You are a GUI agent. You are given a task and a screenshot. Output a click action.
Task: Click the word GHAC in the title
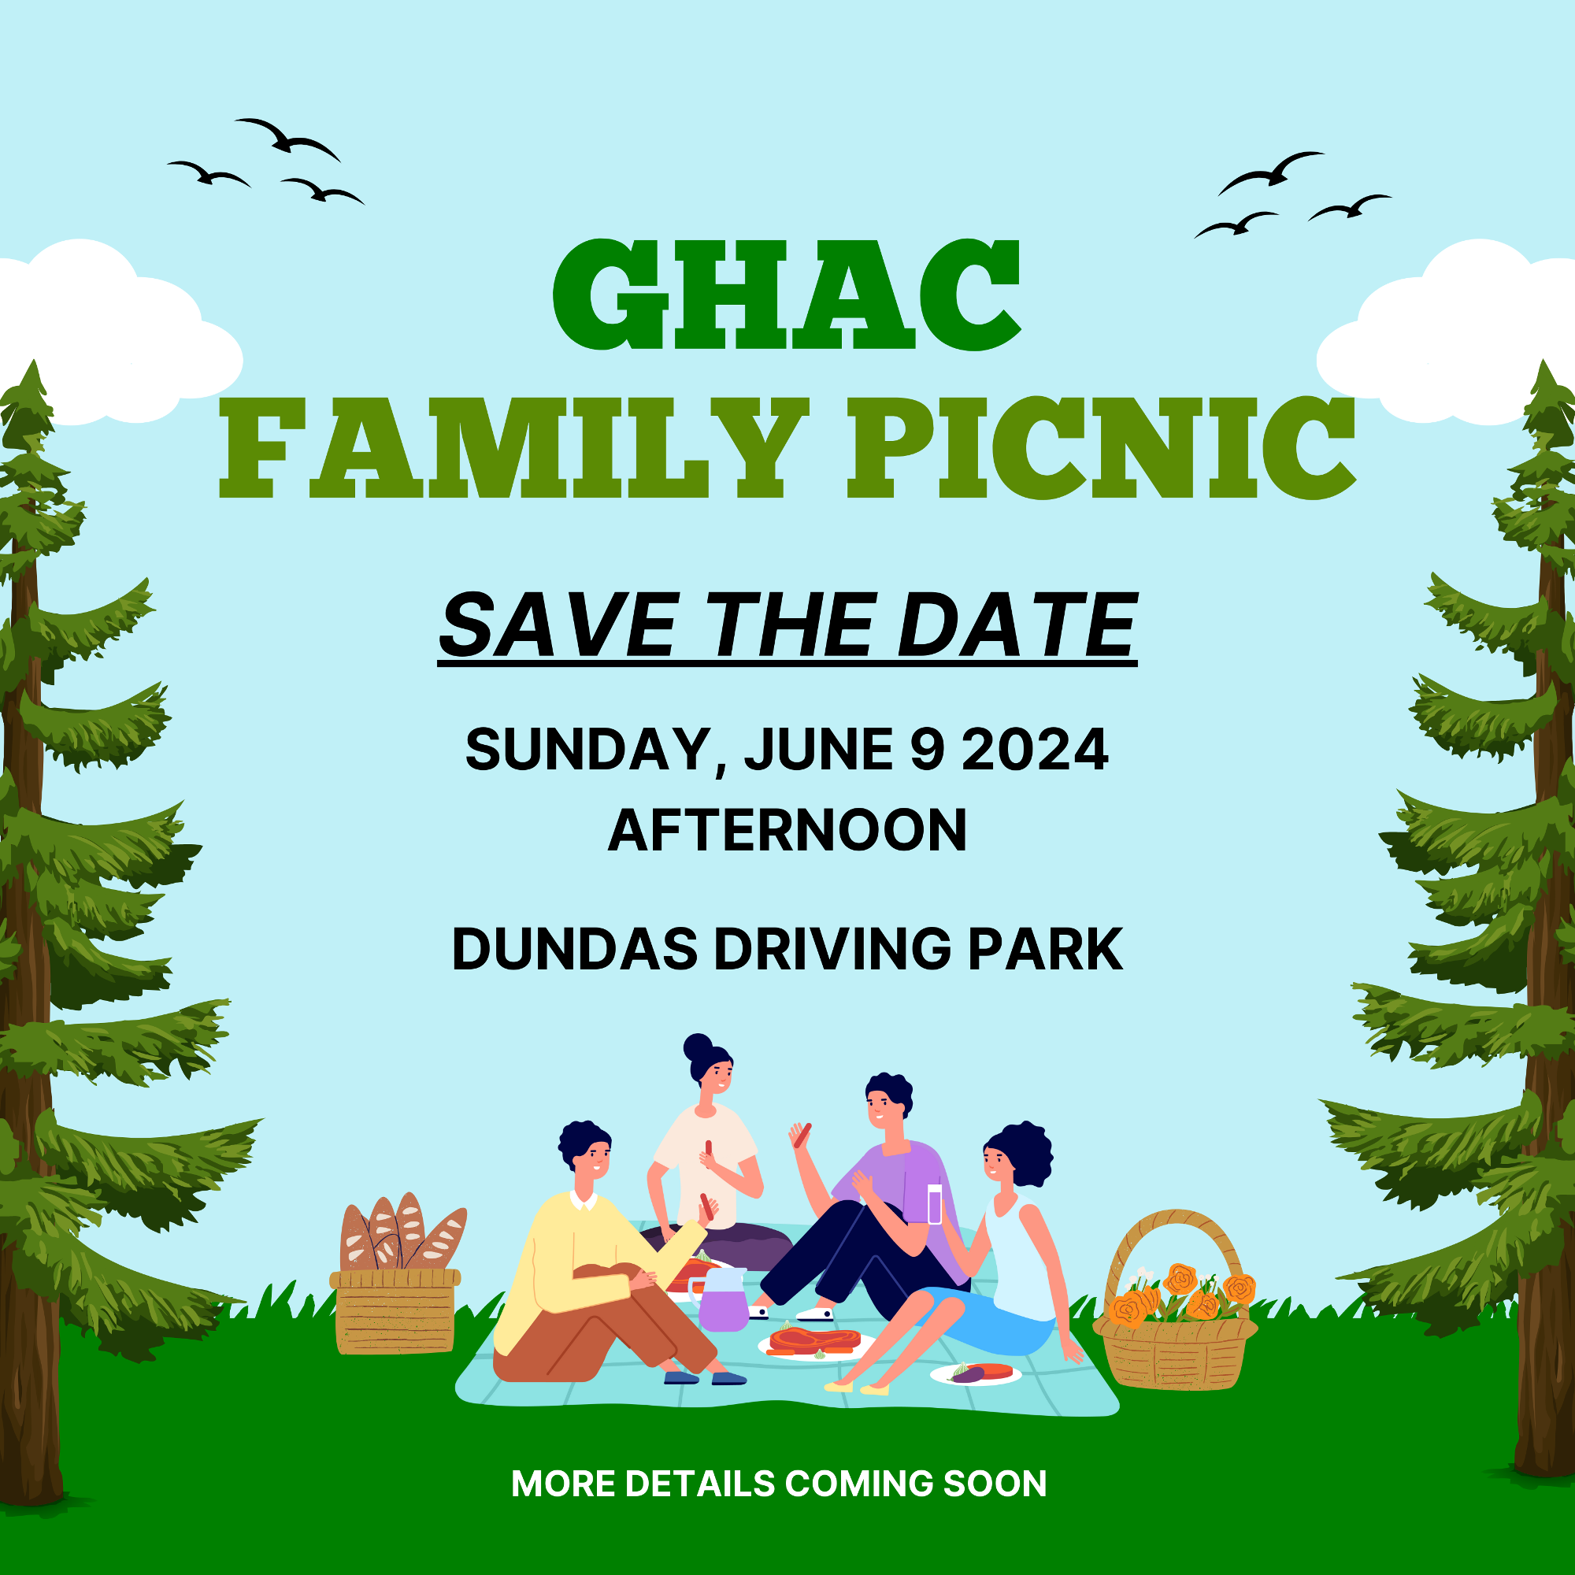point(787,295)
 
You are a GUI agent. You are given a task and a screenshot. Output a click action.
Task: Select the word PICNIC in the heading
point(1102,447)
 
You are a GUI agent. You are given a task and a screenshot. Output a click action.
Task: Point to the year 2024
point(1036,749)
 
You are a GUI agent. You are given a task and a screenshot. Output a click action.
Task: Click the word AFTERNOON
point(787,830)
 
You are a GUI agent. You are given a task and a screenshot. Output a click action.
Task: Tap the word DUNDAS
point(576,949)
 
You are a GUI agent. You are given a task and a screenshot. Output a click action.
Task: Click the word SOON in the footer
point(995,1484)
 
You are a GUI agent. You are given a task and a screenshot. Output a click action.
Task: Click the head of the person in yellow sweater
point(585,1151)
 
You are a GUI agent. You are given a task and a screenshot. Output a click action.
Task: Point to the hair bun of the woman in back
point(698,1047)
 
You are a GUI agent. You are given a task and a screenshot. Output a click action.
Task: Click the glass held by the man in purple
point(935,1203)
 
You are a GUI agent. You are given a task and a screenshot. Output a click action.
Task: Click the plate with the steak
point(816,1342)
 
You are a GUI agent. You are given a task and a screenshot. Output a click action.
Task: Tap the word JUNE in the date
point(818,749)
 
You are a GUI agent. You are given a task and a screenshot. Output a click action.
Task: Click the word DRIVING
point(832,949)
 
